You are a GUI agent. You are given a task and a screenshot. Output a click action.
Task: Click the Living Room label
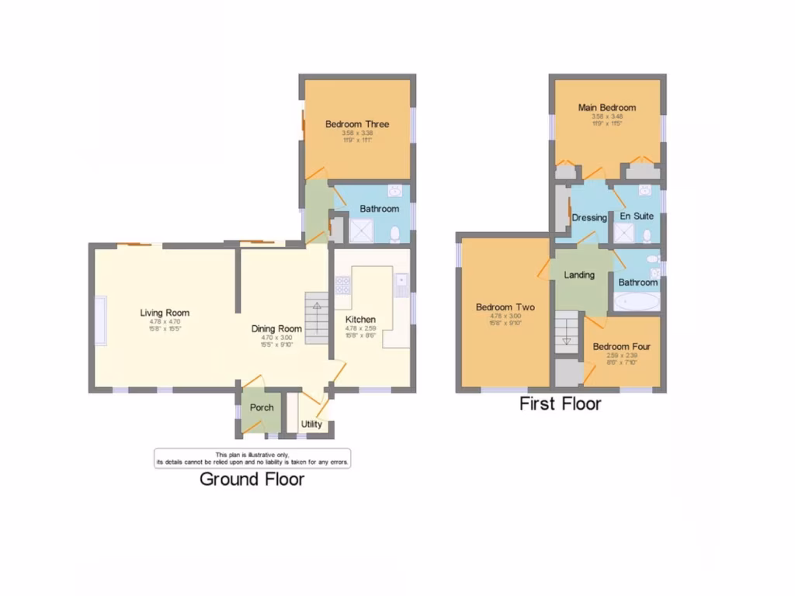[x=165, y=313]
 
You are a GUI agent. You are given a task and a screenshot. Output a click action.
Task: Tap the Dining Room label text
[x=276, y=328]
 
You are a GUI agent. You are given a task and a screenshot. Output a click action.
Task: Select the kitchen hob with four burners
[x=342, y=286]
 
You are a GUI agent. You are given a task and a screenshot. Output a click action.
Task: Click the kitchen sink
[x=401, y=286]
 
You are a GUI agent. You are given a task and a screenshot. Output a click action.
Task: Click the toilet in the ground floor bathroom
[x=395, y=233]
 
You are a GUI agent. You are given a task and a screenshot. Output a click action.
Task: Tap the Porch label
[x=262, y=407]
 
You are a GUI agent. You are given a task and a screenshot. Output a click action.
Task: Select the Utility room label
[x=311, y=424]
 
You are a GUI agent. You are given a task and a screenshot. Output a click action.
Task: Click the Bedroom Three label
[x=357, y=124]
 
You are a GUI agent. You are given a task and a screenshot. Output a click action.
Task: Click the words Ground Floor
[x=252, y=479]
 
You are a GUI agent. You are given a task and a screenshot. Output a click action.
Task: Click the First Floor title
[x=560, y=404]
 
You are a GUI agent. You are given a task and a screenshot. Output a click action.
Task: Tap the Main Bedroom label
[x=606, y=108]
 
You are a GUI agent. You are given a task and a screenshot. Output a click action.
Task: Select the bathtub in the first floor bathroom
[x=637, y=301]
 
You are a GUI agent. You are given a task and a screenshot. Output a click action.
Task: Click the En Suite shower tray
[x=624, y=233]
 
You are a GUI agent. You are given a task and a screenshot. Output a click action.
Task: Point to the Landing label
[x=579, y=275]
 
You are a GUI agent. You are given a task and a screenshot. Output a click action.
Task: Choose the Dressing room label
[x=589, y=218]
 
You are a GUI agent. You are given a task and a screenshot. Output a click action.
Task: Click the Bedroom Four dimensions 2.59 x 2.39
[x=621, y=355]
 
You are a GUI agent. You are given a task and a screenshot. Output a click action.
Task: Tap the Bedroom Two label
[x=505, y=307]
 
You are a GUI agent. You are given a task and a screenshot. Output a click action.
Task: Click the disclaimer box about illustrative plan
[x=252, y=458]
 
